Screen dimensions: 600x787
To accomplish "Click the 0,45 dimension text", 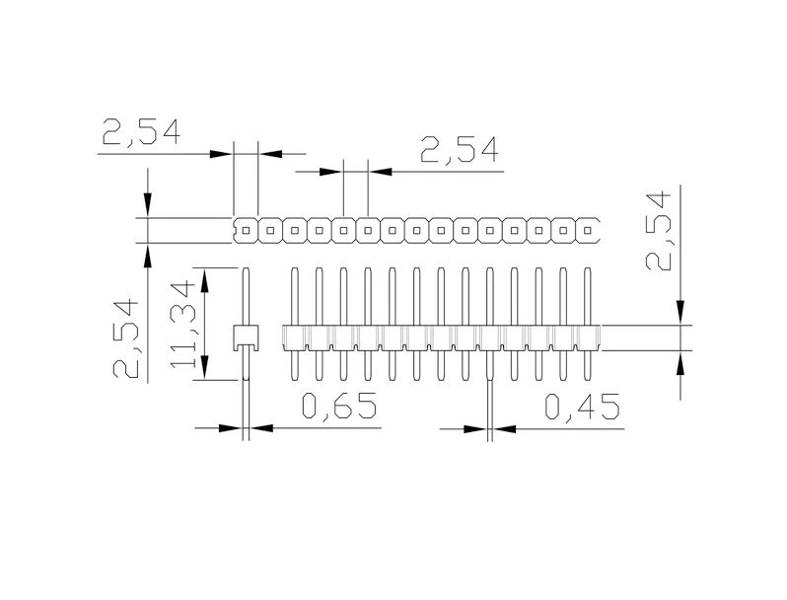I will click(x=582, y=407).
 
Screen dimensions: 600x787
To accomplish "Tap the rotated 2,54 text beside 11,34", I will click(x=129, y=339).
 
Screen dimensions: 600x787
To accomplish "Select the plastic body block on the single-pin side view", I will click(x=245, y=337).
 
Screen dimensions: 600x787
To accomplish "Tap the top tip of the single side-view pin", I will click(x=246, y=268).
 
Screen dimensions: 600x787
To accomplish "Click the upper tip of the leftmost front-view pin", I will click(x=294, y=268).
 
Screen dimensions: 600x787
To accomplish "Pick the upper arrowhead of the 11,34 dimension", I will click(x=205, y=279).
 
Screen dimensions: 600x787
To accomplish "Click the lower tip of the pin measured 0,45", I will click(x=489, y=379).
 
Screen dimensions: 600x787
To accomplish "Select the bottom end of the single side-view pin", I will click(x=246, y=379).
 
